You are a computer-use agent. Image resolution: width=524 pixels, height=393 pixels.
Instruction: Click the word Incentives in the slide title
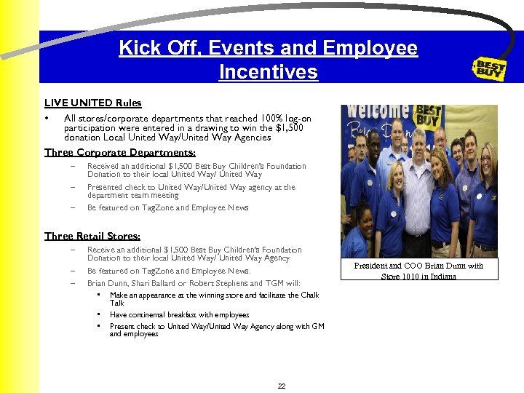click(x=268, y=72)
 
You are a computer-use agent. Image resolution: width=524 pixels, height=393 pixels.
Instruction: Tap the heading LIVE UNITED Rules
click(x=92, y=103)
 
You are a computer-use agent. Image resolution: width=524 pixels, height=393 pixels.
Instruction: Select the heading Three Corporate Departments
click(x=119, y=152)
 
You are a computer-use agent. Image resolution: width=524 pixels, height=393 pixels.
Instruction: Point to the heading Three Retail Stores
click(x=92, y=236)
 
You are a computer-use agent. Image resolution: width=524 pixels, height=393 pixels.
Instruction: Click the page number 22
click(x=282, y=386)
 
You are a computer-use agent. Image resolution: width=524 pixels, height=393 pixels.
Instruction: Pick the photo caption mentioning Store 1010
click(x=418, y=271)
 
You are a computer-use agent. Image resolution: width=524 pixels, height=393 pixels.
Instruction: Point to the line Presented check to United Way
click(x=191, y=187)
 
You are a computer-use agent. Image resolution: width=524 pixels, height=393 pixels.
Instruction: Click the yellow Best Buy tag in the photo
click(x=428, y=117)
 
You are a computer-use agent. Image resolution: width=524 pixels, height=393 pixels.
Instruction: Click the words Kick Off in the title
click(x=158, y=49)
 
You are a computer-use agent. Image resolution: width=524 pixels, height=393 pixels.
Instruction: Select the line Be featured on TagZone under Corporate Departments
click(x=167, y=207)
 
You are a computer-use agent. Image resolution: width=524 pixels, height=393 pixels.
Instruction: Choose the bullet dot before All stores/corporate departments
click(x=47, y=119)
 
